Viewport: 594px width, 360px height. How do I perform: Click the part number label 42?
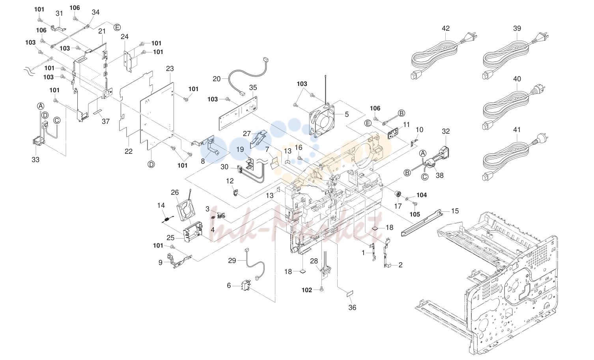(x=446, y=28)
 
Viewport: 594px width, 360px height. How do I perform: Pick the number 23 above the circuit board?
(x=170, y=69)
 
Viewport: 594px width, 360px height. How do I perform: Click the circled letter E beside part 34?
(x=117, y=27)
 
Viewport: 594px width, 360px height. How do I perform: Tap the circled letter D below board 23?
(x=151, y=165)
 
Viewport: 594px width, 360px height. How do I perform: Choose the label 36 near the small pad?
(x=352, y=307)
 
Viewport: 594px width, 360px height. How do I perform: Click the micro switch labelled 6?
(x=246, y=285)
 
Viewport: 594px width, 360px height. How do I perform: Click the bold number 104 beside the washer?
(x=422, y=195)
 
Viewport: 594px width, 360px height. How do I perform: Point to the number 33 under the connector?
(x=35, y=160)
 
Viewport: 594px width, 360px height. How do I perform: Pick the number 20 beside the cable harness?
(x=217, y=79)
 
